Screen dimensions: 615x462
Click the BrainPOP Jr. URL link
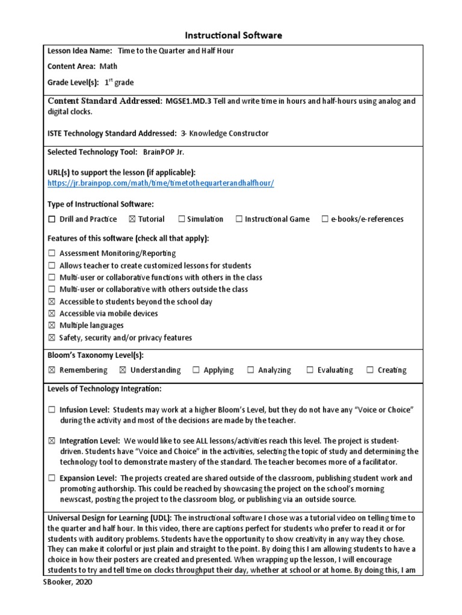(x=161, y=183)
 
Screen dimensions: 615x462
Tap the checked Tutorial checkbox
(x=132, y=219)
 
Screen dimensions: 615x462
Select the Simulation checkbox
(x=181, y=219)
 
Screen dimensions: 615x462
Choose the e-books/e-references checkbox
(x=325, y=219)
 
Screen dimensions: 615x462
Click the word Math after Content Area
(x=108, y=67)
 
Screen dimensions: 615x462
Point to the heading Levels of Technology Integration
(x=104, y=389)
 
